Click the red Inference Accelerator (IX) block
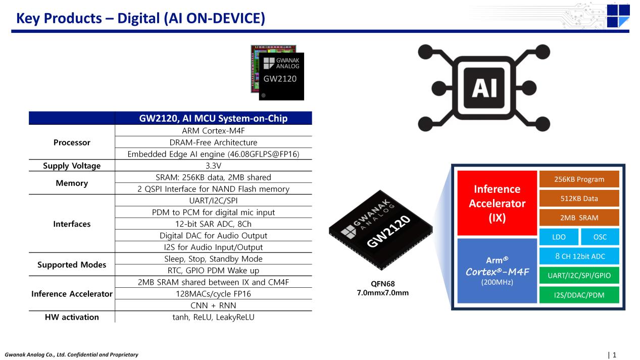click(x=497, y=203)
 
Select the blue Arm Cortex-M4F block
click(x=497, y=271)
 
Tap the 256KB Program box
click(x=579, y=179)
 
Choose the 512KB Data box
click(x=579, y=198)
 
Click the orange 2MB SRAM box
click(x=579, y=218)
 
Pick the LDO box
click(x=559, y=237)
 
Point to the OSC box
click(x=600, y=237)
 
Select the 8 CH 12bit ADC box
click(x=579, y=256)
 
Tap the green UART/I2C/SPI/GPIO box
click(x=579, y=275)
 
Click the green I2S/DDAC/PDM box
click(x=579, y=294)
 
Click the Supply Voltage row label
click(x=72, y=166)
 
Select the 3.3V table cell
click(x=213, y=166)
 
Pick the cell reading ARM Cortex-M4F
click(x=213, y=131)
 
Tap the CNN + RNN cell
click(x=213, y=305)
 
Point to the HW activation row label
click(x=72, y=317)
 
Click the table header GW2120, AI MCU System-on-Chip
click(x=213, y=119)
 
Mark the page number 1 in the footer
click(x=614, y=355)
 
